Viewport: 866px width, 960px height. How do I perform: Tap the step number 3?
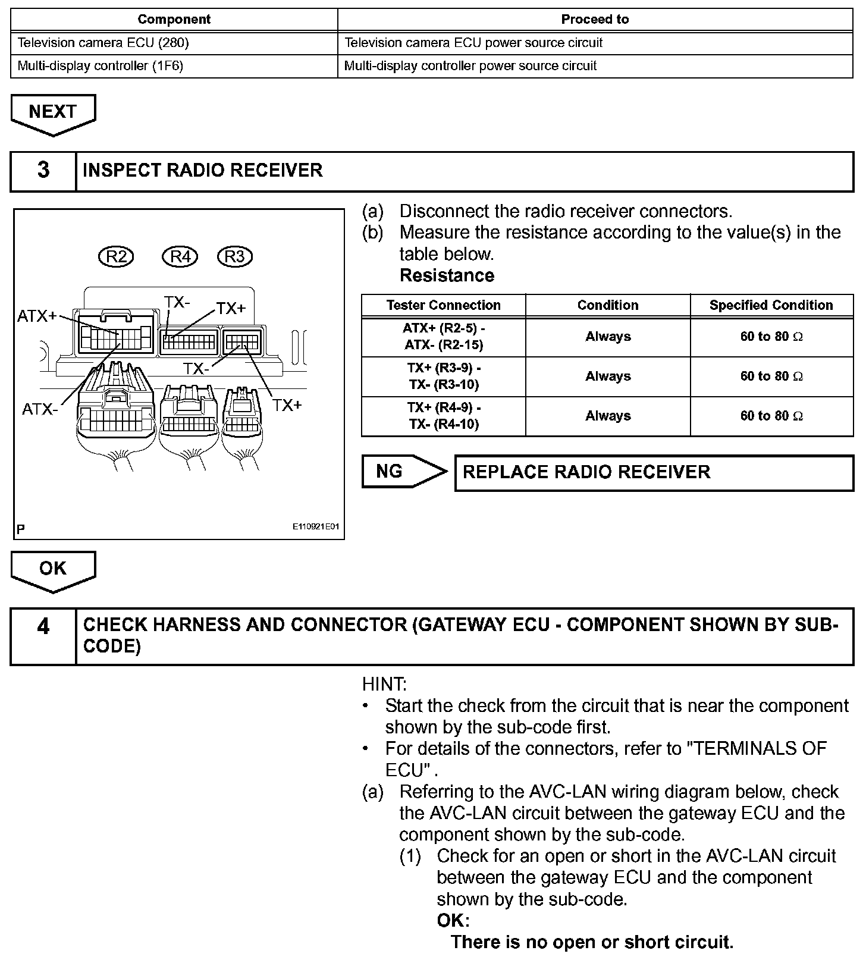(x=43, y=171)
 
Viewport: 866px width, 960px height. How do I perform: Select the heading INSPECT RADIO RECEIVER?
(x=203, y=171)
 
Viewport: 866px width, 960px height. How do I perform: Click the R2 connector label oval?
(x=116, y=256)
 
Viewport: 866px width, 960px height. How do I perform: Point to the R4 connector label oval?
(x=180, y=256)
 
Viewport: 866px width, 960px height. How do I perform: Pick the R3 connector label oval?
(x=235, y=256)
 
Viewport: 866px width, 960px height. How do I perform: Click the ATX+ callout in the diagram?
(x=36, y=316)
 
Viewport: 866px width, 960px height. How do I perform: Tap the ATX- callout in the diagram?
(x=40, y=409)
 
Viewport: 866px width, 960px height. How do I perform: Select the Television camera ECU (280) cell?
(x=103, y=43)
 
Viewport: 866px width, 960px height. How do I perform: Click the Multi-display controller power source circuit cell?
(x=470, y=66)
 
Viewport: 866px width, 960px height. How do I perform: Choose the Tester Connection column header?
(x=443, y=305)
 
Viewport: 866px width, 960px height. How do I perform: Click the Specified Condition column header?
(x=771, y=305)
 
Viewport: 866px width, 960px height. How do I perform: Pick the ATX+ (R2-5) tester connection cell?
(x=443, y=337)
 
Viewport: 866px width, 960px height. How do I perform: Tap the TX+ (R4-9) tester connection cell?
(x=443, y=416)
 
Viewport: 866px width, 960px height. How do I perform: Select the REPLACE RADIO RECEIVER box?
(x=654, y=473)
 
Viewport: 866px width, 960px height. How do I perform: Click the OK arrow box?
(x=52, y=569)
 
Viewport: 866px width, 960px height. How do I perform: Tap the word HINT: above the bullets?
(x=384, y=684)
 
